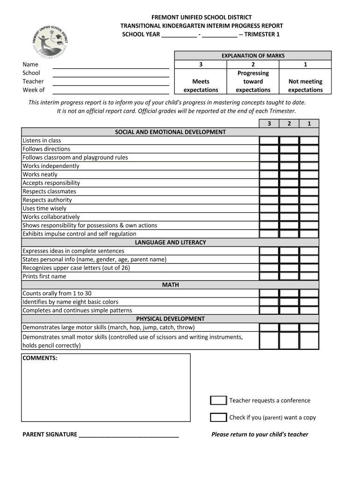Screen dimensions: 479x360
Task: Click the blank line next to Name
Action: (x=110, y=65)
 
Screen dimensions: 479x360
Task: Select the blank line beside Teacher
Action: (x=110, y=82)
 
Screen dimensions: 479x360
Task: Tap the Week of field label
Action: (x=34, y=90)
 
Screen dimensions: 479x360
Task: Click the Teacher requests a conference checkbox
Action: (x=218, y=400)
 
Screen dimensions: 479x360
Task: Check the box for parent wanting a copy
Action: (x=218, y=417)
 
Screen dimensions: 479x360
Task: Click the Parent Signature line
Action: (x=129, y=434)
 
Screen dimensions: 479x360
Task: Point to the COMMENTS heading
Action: (x=40, y=358)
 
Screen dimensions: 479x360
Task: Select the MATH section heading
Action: (x=170, y=284)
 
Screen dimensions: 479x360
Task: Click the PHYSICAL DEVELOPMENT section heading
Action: (x=170, y=319)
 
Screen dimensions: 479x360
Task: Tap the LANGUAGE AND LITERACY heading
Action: (x=170, y=242)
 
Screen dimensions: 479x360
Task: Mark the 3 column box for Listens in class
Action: (x=269, y=140)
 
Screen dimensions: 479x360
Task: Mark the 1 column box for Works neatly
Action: (x=309, y=174)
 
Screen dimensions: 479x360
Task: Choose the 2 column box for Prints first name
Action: (x=289, y=276)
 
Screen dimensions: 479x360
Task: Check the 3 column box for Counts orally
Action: (x=269, y=293)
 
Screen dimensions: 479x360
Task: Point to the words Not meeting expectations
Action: (x=305, y=86)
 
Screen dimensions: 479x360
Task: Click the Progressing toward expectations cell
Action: (x=253, y=81)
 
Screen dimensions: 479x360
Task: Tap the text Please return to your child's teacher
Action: (x=259, y=434)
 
